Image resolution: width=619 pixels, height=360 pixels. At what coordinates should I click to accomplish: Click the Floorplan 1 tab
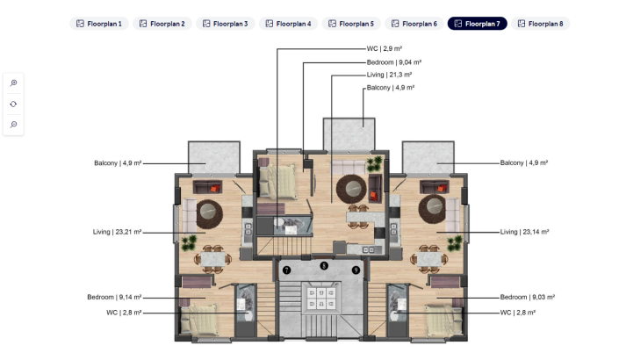pos(99,24)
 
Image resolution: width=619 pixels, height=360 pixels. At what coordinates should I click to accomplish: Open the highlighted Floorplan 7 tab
pos(477,24)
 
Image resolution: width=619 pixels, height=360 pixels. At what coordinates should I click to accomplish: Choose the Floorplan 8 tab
pos(540,24)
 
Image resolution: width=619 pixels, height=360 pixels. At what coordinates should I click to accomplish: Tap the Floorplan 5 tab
pos(351,24)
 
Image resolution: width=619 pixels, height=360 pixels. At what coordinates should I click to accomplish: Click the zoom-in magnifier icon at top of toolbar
pos(13,83)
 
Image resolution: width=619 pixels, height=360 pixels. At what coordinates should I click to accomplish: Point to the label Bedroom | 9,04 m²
pos(394,63)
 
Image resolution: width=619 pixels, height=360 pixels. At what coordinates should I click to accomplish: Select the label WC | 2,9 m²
pos(385,50)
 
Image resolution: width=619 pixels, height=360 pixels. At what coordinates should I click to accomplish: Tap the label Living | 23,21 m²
pos(117,232)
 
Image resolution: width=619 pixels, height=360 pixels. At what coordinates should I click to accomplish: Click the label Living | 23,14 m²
pos(524,232)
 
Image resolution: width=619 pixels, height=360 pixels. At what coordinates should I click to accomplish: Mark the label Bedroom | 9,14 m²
pos(114,297)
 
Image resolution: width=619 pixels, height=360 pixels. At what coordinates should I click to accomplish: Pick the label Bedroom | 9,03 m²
pos(525,297)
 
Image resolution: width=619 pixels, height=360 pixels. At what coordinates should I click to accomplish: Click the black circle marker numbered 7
pos(286,270)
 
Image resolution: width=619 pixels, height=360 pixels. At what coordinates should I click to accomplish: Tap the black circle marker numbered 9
pos(356,270)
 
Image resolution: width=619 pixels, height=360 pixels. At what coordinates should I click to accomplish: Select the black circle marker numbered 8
pos(323,265)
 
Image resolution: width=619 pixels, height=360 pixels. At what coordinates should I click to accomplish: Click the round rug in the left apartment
pos(209,211)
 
